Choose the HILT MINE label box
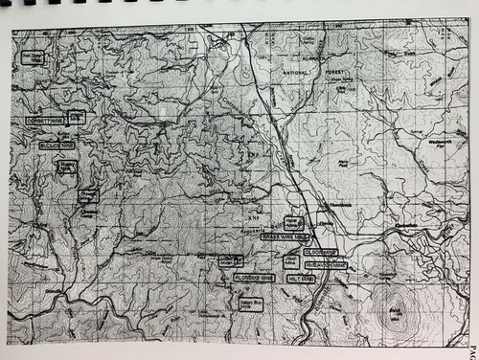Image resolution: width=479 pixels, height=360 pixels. (300, 278)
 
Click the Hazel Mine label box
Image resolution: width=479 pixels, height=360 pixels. (293, 221)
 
